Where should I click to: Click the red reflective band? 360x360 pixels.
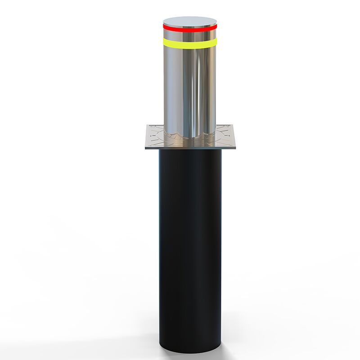click(x=190, y=27)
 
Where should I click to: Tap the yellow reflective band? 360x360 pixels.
click(x=190, y=43)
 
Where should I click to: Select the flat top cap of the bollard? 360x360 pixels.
click(x=190, y=21)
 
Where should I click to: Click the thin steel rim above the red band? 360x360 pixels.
click(x=190, y=25)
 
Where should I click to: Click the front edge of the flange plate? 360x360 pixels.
click(x=190, y=148)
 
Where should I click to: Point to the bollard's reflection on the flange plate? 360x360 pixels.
click(x=189, y=140)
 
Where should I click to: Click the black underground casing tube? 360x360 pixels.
click(x=190, y=247)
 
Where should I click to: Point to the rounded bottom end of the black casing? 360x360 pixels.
click(x=190, y=349)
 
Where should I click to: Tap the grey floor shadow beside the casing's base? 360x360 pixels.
click(x=234, y=349)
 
